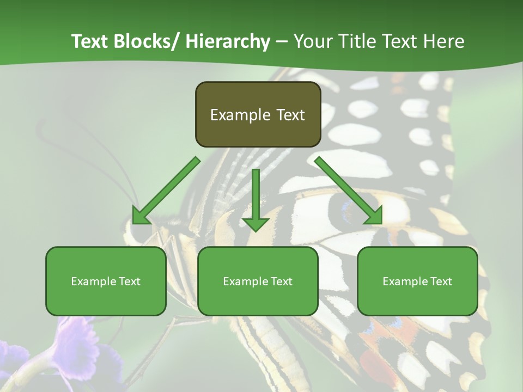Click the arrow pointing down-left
pyautogui.click(x=166, y=191)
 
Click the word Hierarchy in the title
pyautogui.click(x=228, y=41)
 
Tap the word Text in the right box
pyautogui.click(x=441, y=281)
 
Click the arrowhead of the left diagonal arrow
pyautogui.click(x=141, y=216)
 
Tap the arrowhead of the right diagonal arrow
pyautogui.click(x=373, y=216)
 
